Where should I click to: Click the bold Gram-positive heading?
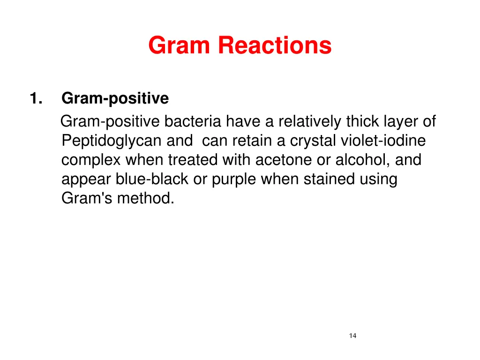pos(115,99)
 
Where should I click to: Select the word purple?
pos(237,180)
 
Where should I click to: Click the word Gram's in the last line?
pos(85,198)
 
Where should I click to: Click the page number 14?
pos(352,335)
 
